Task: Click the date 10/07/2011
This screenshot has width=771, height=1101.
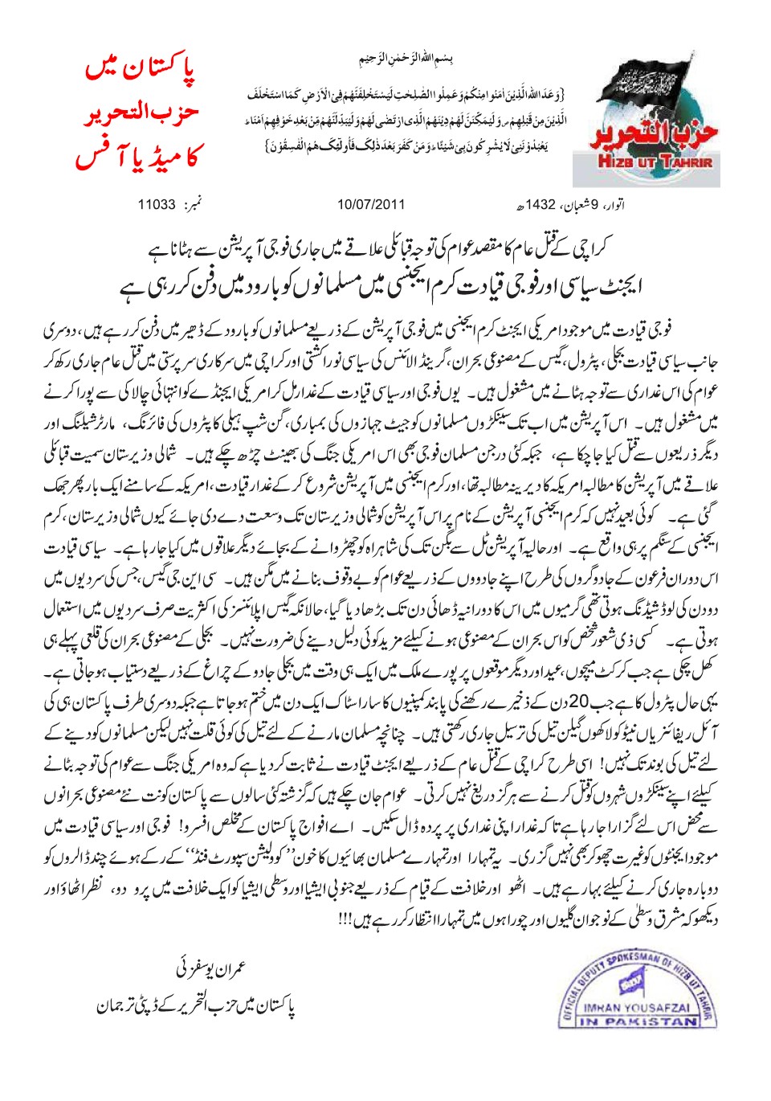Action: point(371,204)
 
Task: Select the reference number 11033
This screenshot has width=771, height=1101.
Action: point(157,204)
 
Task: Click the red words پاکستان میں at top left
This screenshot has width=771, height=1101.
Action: point(141,69)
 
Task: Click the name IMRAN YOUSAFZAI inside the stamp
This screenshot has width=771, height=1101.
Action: point(636,1008)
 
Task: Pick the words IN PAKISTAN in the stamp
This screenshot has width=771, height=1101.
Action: point(639,1021)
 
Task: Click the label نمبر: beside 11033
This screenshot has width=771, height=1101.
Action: point(193,204)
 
